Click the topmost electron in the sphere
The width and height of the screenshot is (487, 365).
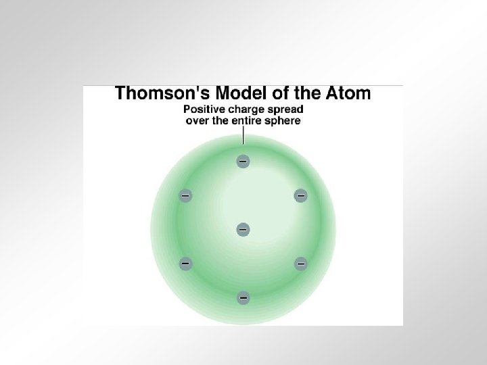242,162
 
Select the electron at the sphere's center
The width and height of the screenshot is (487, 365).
242,230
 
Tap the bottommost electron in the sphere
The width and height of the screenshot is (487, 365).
242,297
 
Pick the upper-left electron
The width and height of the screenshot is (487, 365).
184,196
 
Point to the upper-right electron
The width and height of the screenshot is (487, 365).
300,196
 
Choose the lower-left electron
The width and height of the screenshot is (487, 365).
184,263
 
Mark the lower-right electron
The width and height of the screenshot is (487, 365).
300,263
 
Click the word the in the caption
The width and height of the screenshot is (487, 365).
225,120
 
